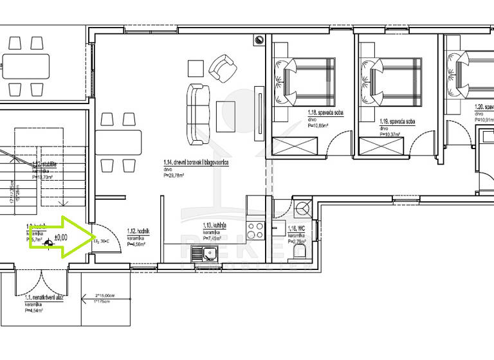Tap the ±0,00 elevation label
[x=61, y=237]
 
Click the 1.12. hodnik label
[x=138, y=231]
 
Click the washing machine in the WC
[x=302, y=209]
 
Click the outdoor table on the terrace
[x=26, y=65]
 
